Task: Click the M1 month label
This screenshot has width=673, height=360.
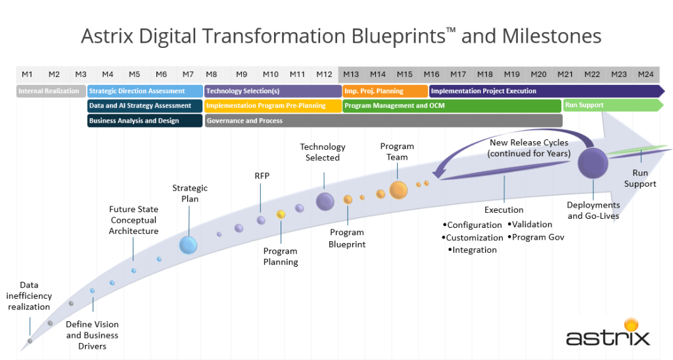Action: (x=27, y=74)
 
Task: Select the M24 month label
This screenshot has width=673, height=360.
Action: (x=645, y=74)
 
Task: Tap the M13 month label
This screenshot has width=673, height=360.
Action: (x=351, y=74)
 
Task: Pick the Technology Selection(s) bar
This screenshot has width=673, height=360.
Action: (x=273, y=91)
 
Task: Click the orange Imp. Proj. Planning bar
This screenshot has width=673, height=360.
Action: (x=385, y=91)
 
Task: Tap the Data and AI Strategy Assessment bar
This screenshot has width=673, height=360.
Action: (x=145, y=106)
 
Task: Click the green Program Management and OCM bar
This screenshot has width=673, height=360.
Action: (x=452, y=106)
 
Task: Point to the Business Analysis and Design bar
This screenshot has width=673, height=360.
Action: (x=145, y=121)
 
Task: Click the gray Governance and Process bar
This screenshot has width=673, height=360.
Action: (x=383, y=121)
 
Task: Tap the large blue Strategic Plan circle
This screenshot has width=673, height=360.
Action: (x=189, y=245)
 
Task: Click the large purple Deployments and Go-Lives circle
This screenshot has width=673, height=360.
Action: (x=593, y=162)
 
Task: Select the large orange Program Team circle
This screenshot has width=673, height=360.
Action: (x=398, y=190)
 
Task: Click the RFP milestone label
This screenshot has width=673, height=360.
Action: (x=262, y=176)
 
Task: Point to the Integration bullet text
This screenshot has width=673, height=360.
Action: (x=473, y=250)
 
